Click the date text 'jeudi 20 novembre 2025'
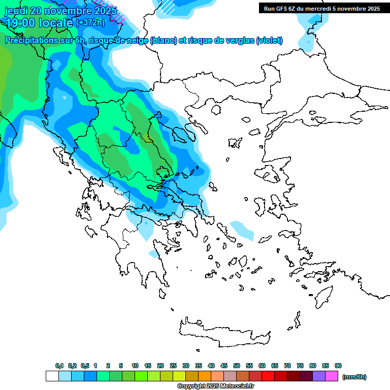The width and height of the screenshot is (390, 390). pos(60,10)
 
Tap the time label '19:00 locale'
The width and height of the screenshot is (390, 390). pos(39,22)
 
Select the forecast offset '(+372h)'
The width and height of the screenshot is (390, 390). pos(90,22)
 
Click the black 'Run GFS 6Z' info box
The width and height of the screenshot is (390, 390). pos(322,8)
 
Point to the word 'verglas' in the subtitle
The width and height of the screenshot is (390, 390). pos(239,41)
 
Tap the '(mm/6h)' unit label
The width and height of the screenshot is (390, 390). pos(354,377)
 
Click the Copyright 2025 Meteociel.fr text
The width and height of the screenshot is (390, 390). pos(215,386)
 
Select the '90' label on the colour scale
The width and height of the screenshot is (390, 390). pos(338,366)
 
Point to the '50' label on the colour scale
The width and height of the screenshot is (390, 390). pos(237,366)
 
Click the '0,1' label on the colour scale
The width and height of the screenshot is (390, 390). pos(59,366)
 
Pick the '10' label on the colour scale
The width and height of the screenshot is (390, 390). pos(135,366)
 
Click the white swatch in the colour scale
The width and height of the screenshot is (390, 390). pos(52,376)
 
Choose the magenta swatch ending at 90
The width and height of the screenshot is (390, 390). pos(332,376)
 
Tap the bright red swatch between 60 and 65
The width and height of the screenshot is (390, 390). pos(268,376)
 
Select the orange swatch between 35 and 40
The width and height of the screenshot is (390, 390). pos(205,376)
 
